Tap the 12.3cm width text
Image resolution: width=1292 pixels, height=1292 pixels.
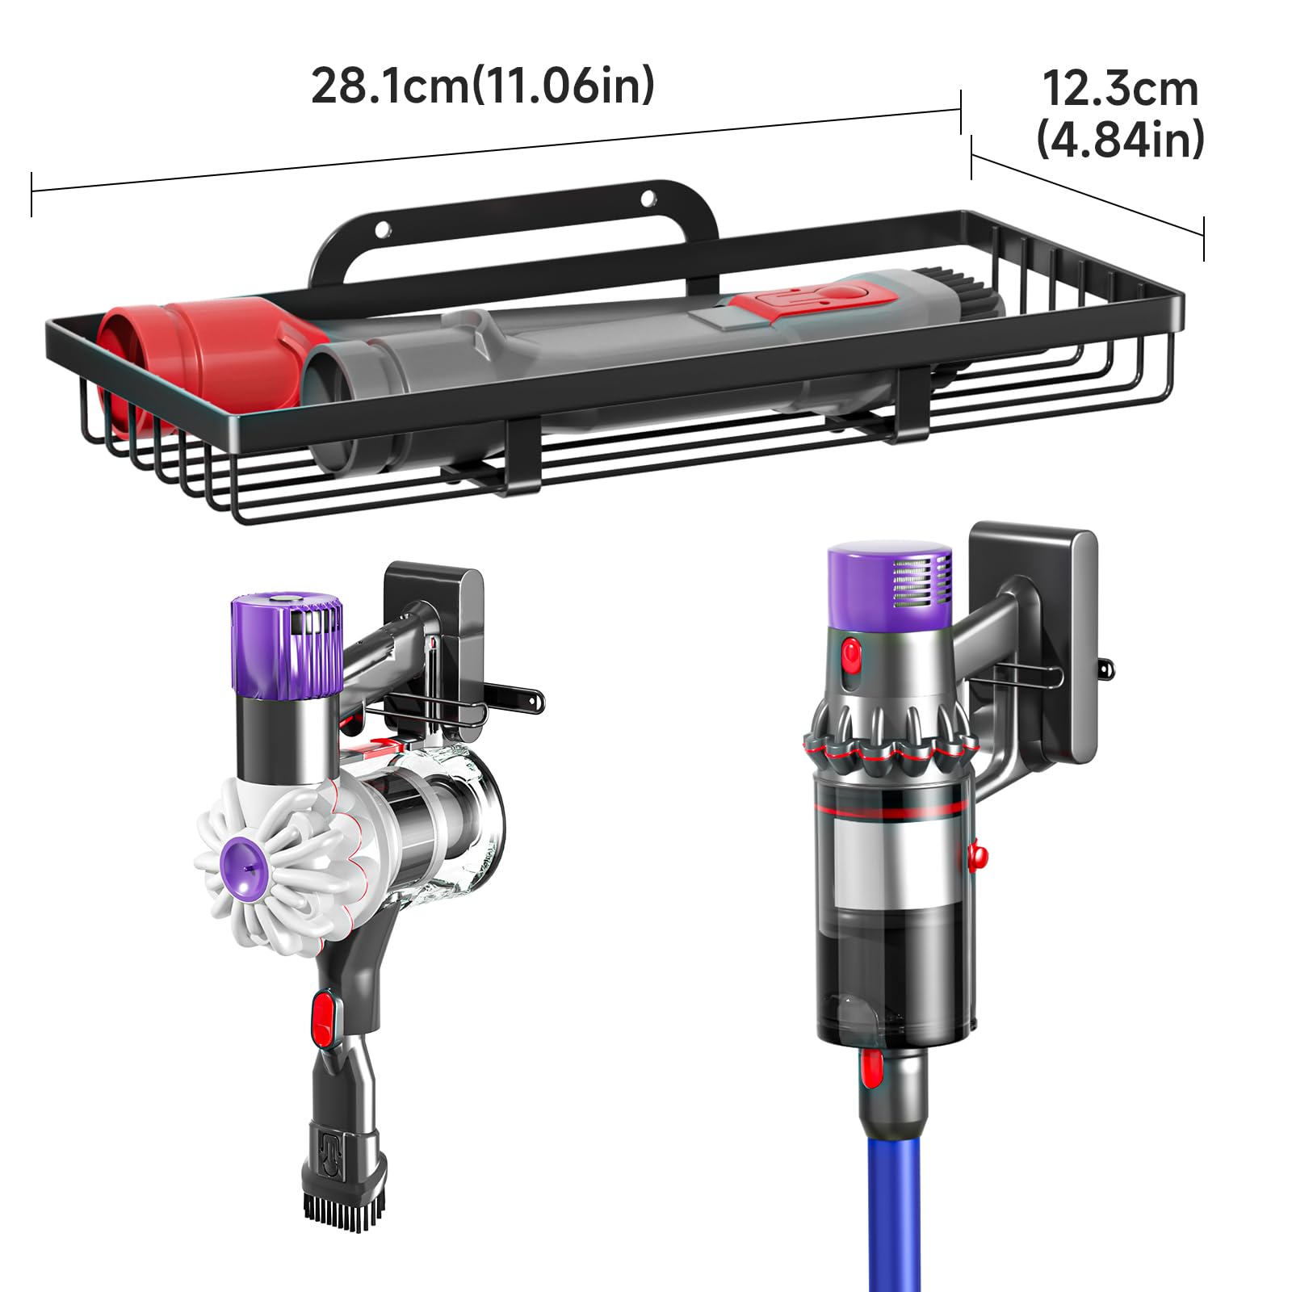click(x=1120, y=88)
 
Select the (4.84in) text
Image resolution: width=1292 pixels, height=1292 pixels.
click(x=1120, y=139)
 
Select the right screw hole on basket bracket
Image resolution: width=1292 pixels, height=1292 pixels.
click(x=648, y=197)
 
